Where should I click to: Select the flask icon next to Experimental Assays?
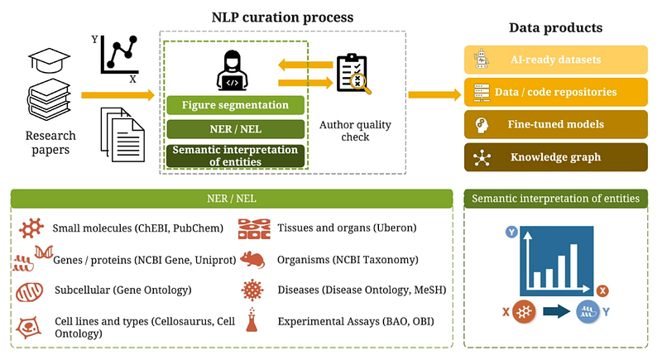[x=252, y=319]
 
